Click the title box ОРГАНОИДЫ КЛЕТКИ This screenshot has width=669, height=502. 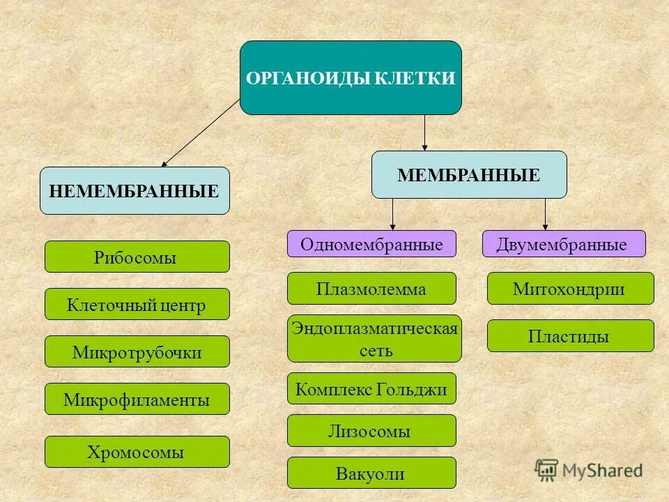[351, 77]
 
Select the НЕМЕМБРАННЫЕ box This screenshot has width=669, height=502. [134, 190]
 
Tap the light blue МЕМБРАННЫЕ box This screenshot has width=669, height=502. [468, 175]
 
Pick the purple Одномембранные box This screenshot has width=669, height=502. [371, 244]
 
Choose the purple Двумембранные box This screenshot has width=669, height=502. [564, 244]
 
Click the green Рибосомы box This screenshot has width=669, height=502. [137, 257]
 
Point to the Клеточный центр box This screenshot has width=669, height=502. [137, 304]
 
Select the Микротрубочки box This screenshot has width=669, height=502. [137, 351]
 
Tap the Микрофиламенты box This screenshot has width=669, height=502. [137, 399]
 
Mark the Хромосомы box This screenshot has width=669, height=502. [137, 452]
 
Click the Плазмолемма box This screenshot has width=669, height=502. [371, 288]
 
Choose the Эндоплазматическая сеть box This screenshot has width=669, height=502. [374, 338]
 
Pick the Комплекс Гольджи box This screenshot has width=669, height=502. [371, 388]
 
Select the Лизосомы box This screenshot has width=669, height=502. [371, 431]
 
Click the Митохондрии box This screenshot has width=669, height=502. [570, 288]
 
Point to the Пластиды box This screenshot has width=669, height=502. [570, 335]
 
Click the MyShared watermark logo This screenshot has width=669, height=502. [589, 470]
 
